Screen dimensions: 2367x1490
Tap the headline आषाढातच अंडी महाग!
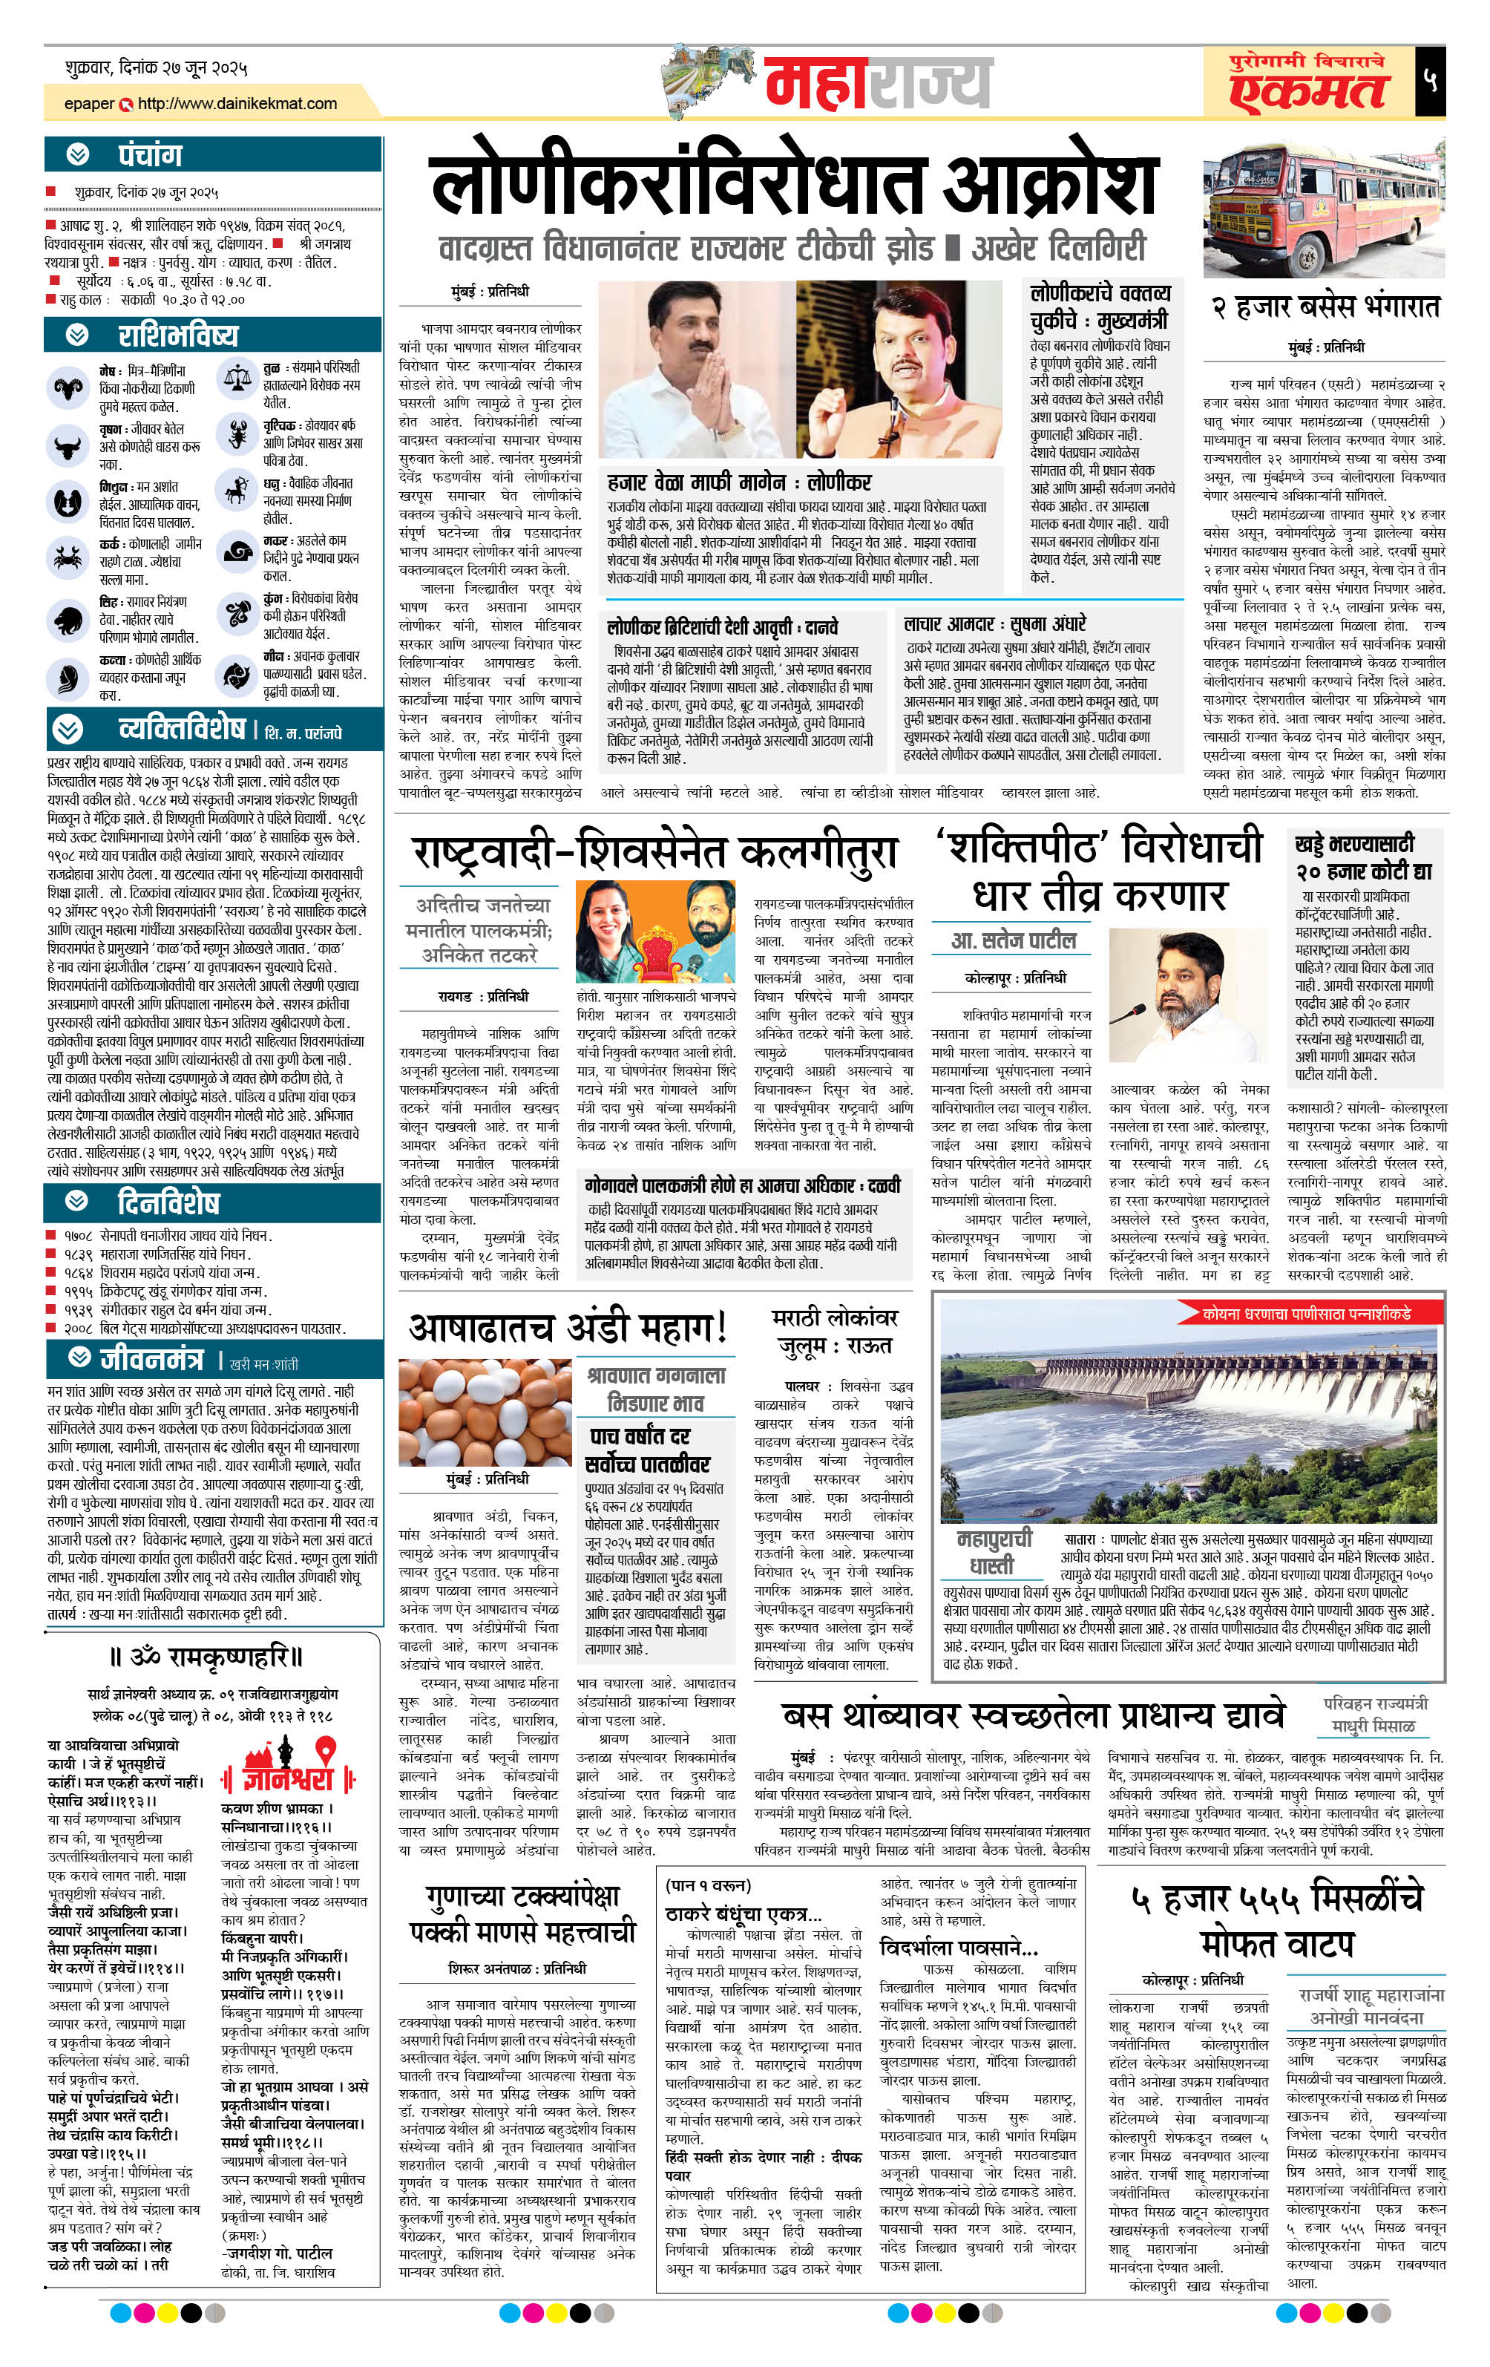click(568, 1327)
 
